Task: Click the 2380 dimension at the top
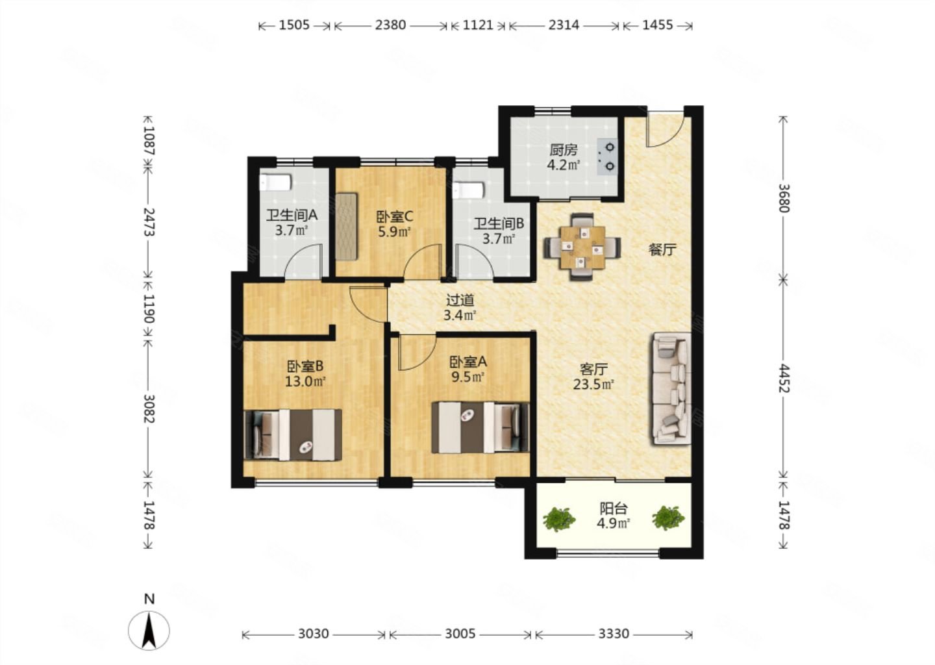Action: [390, 25]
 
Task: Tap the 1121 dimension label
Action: [478, 25]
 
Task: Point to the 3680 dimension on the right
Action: [784, 198]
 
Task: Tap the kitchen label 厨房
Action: [564, 150]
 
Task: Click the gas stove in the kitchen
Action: [607, 157]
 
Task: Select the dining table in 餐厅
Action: [582, 247]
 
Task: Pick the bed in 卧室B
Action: [293, 435]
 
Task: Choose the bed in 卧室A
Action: [480, 427]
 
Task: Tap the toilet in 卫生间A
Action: [275, 183]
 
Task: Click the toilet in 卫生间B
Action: [468, 190]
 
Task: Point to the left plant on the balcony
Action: [559, 520]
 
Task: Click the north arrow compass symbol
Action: [149, 631]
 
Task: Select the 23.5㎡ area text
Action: [593, 384]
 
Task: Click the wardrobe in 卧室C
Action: [347, 226]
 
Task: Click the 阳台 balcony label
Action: [613, 508]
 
